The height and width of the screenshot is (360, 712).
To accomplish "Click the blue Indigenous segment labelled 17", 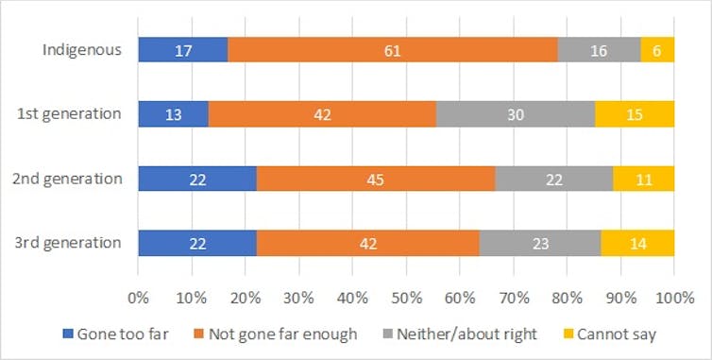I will point(182,50).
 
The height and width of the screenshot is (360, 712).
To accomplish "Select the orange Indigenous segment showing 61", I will point(392,50).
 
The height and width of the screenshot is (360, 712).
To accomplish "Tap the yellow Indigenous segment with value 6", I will point(658,50).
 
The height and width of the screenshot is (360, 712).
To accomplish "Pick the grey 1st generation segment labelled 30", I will point(516,114).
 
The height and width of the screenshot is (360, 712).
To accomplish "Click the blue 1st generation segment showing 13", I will point(173,114).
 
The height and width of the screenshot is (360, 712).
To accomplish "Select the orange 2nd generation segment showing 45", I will point(376,179).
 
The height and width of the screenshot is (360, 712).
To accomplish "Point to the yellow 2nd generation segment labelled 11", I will point(643,179).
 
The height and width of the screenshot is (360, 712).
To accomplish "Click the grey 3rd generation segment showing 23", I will point(540,243).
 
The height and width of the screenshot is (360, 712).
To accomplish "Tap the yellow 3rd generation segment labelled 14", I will point(637,243).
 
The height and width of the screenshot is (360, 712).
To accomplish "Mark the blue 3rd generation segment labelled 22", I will point(197,243).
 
